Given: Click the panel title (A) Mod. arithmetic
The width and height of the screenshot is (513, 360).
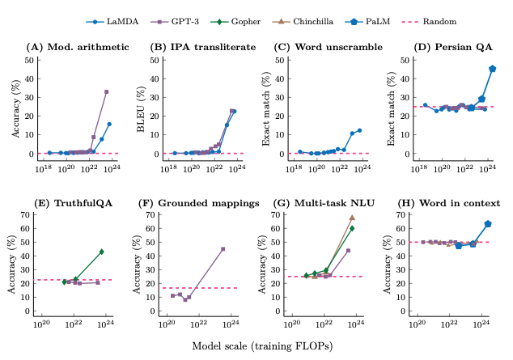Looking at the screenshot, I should [77, 46].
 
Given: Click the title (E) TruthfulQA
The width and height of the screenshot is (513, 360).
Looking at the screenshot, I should [66, 203].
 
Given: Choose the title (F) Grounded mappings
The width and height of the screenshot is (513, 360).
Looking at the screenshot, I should [205, 203].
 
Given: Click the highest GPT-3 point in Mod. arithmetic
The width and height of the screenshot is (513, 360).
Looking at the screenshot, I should [106, 92].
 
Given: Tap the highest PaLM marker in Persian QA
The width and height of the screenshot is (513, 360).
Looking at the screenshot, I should [493, 69].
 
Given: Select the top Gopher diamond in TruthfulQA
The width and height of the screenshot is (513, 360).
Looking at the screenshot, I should [101, 252].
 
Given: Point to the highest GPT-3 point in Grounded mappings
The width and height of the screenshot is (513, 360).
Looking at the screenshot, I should [223, 249].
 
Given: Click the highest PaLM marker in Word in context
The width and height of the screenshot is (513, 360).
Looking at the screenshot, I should [488, 223].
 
